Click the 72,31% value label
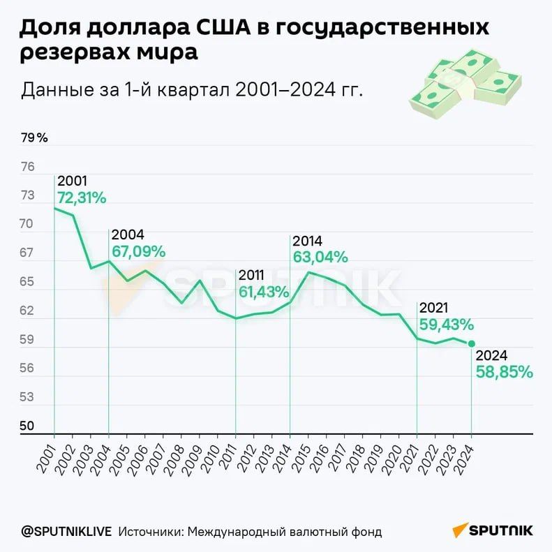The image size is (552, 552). tap(82, 198)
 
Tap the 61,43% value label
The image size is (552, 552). tap(264, 292)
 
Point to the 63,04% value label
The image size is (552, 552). tap(320, 257)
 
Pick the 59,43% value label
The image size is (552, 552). tap(447, 325)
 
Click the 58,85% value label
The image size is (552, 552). tap(504, 372)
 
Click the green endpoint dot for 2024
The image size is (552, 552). tap(472, 343)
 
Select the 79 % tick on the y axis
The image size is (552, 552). tap(34, 137)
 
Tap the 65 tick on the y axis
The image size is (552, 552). tap(27, 282)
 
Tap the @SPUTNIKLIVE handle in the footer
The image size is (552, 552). tap(66, 532)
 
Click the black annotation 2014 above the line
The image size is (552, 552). tap(308, 241)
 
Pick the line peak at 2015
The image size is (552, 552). tap(308, 272)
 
